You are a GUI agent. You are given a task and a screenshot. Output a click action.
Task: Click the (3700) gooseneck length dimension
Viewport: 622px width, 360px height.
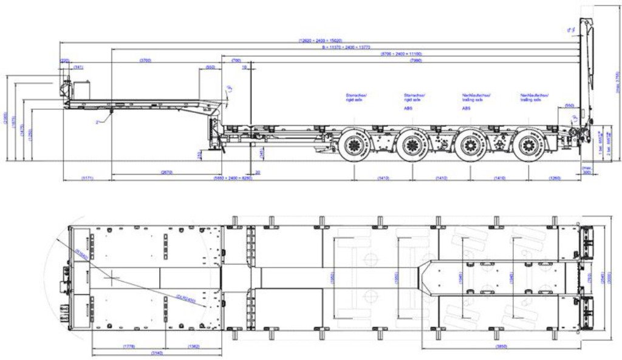coord(145,61)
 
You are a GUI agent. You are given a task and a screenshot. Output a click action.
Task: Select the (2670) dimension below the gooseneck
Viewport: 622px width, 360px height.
coord(167,172)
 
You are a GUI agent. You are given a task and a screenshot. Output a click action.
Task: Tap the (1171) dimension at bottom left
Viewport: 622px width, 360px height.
coord(87,178)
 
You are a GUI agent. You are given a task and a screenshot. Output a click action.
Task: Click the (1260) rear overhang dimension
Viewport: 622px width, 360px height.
coord(555,178)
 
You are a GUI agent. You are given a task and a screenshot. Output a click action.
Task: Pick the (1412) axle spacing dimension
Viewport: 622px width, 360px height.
coord(441,178)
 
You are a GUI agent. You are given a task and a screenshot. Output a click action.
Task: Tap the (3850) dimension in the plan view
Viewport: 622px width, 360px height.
coord(501,347)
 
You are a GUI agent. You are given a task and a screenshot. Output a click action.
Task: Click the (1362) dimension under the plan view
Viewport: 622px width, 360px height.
coord(194,346)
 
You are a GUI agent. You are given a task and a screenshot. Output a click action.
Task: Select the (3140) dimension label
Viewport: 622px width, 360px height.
coord(157,353)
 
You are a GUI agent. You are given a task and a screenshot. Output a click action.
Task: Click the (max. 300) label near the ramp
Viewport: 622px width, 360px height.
coord(587,169)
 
